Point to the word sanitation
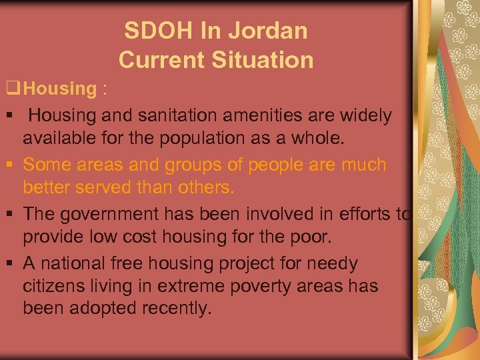tap(179, 115)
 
